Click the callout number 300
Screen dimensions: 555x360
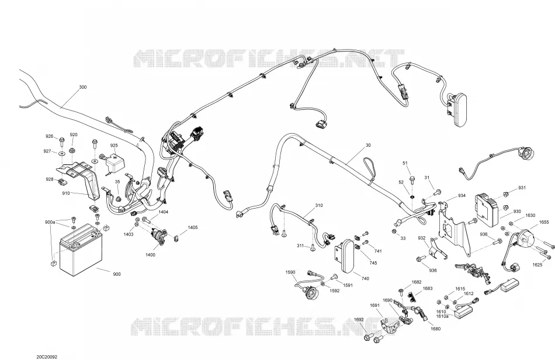[x=82, y=87]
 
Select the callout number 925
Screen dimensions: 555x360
[x=114, y=146]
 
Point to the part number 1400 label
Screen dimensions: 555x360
[x=150, y=255]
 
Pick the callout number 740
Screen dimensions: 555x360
[x=365, y=279]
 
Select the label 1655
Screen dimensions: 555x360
[x=544, y=222]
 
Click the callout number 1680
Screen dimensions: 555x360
[x=436, y=329]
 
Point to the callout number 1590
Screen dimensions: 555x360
[x=290, y=272]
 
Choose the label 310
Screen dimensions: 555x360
[x=319, y=205]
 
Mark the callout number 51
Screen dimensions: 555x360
[x=405, y=163]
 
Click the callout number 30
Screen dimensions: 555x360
[x=368, y=145]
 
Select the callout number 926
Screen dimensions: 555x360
[x=49, y=137]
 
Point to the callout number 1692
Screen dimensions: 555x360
[x=359, y=320]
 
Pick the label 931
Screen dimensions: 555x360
[x=522, y=188]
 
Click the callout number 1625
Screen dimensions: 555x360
[x=537, y=265]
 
